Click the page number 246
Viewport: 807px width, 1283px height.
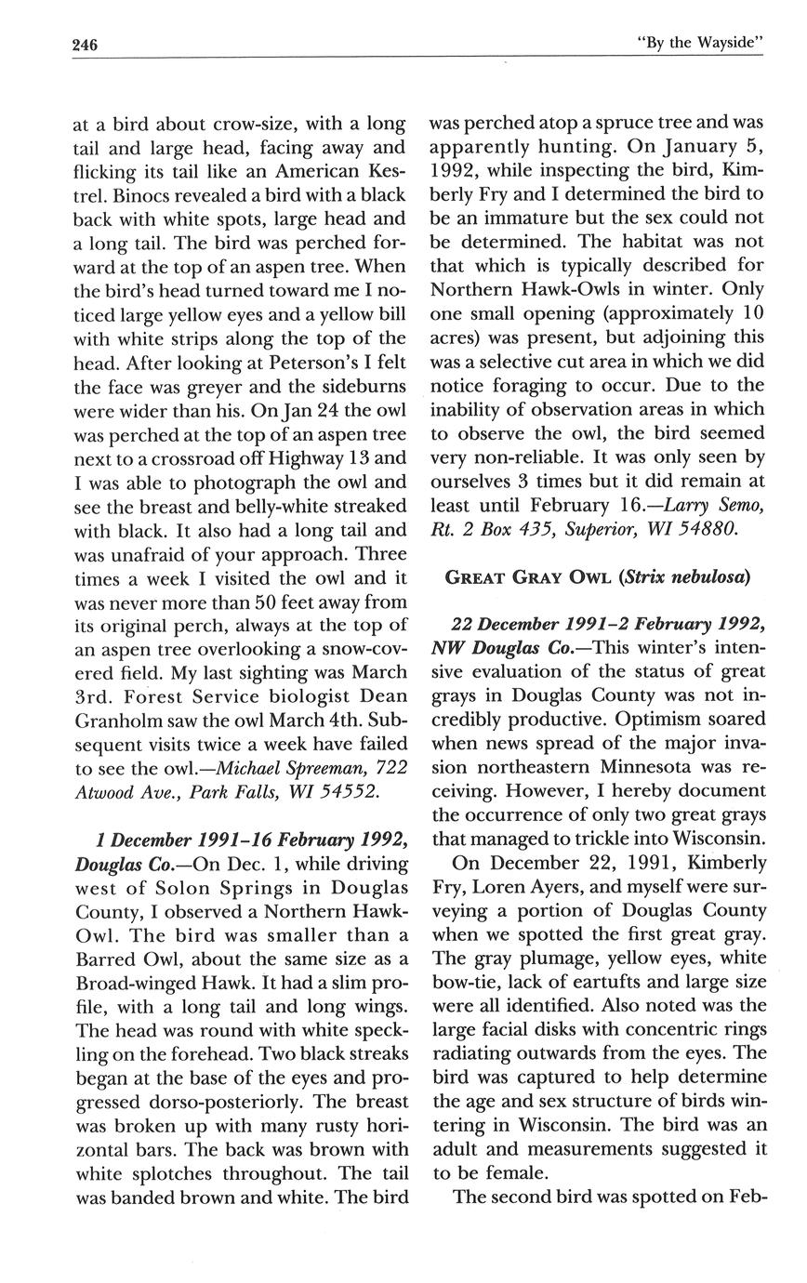pos(86,45)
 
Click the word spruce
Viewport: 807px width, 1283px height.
pos(589,123)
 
